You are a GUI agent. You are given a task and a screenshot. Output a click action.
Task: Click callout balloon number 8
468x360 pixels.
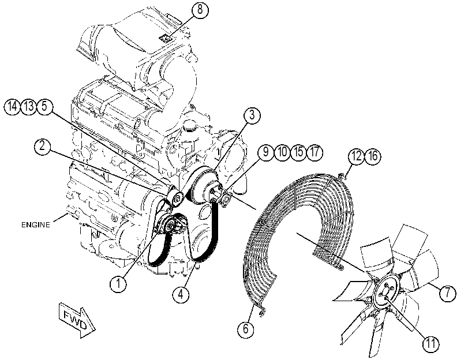[x=200, y=10]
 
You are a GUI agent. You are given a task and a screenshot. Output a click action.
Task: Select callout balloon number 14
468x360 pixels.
[x=12, y=106]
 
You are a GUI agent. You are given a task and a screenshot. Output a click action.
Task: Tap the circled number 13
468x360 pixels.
[x=28, y=106]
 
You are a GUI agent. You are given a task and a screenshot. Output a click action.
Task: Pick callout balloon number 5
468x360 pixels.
[x=44, y=106]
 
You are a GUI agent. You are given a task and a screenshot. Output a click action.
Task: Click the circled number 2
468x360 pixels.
[x=43, y=147]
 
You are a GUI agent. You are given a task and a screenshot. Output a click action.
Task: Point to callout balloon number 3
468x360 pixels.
[x=252, y=115]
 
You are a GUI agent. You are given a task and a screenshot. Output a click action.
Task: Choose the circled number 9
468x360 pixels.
[x=265, y=152]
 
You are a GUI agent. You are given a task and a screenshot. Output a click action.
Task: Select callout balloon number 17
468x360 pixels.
[x=315, y=152]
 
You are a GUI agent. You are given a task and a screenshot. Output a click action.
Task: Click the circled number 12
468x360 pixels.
[x=357, y=156]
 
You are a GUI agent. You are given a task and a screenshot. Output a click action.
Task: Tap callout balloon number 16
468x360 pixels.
[x=373, y=156]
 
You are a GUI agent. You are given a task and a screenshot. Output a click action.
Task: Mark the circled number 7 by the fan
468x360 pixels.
[x=447, y=293]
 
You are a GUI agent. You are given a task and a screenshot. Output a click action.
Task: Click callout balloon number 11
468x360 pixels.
[x=430, y=344]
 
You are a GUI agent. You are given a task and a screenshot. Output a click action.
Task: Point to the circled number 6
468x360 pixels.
[x=246, y=329]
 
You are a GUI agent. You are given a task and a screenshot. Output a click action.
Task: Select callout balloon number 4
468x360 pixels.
[x=181, y=294]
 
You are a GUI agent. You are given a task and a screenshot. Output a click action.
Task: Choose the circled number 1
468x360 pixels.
[x=118, y=283]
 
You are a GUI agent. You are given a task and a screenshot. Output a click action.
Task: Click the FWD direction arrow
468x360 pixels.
[x=77, y=320]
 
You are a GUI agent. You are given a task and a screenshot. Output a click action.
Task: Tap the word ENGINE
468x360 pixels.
[x=36, y=225]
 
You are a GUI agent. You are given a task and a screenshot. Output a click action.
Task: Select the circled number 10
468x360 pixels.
[x=282, y=152]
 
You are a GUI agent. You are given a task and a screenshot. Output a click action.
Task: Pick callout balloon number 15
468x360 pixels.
[x=298, y=152]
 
